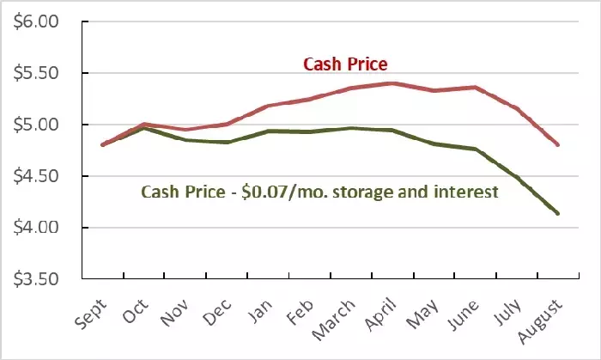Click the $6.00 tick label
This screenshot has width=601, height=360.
click(x=35, y=21)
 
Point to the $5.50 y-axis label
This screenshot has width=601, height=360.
click(x=35, y=73)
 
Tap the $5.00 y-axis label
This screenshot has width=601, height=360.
click(x=35, y=125)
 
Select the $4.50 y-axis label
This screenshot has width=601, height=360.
click(x=35, y=176)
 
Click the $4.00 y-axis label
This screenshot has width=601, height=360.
click(x=35, y=228)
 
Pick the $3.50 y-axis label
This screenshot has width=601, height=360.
click(x=35, y=280)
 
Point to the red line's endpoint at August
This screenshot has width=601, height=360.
click(x=558, y=144)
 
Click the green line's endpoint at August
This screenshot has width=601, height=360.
click(x=558, y=213)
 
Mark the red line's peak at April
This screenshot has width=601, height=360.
click(x=392, y=83)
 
